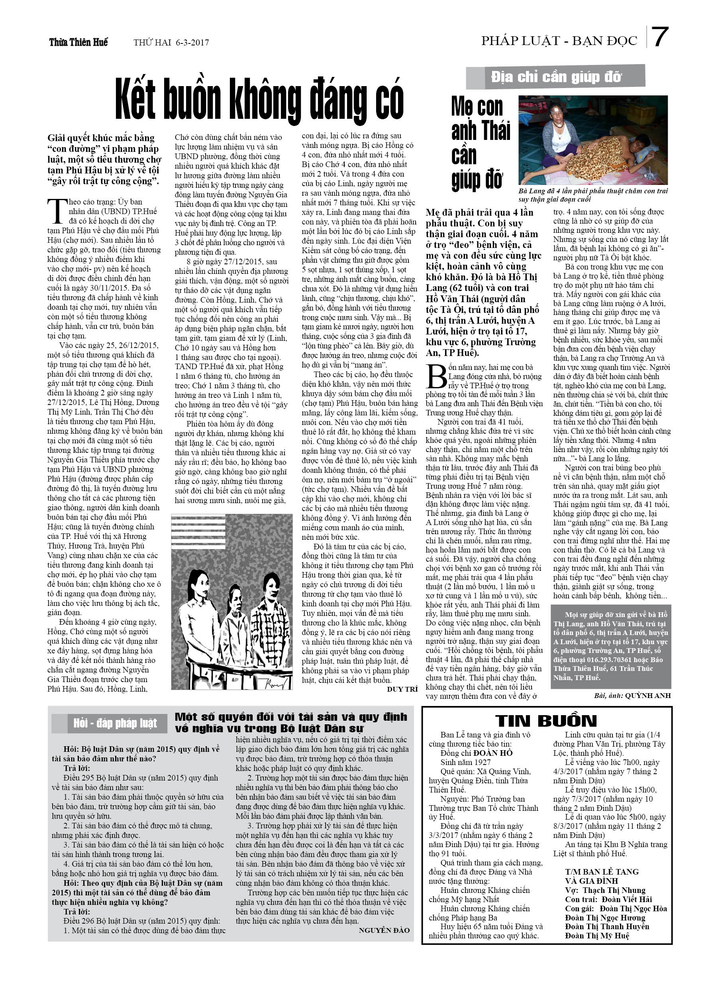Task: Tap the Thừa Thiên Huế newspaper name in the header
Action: click(x=78, y=42)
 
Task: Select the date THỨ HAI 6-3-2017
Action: click(x=171, y=43)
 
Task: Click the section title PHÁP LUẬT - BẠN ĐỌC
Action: click(x=559, y=41)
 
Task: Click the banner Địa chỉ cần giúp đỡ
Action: click(x=555, y=77)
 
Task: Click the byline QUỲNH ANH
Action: click(x=647, y=696)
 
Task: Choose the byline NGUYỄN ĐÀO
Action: click(x=384, y=930)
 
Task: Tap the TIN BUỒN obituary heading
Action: click(x=546, y=721)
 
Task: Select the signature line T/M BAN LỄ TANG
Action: click(x=602, y=872)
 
